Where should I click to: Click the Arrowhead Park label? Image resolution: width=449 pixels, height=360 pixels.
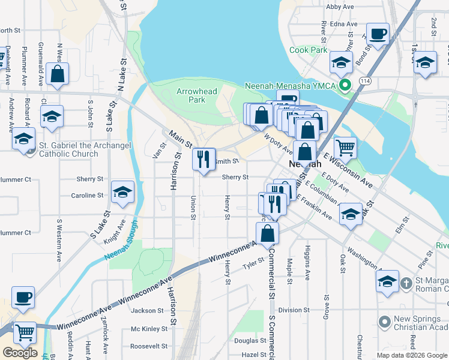(191, 95)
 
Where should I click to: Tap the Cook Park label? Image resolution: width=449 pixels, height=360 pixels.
(309, 50)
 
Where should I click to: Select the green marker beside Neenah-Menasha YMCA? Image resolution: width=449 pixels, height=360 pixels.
(344, 85)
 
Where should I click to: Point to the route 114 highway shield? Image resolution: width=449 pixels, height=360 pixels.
(364, 80)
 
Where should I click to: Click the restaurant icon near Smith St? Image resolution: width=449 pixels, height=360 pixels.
(203, 159)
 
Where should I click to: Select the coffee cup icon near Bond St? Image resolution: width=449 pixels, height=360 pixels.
(378, 34)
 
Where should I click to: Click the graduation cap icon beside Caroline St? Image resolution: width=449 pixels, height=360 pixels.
(123, 192)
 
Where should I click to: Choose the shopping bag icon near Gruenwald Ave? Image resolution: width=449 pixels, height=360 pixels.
(58, 74)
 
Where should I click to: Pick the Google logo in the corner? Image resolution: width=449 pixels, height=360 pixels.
(20, 352)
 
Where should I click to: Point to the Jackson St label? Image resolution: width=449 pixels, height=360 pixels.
(148, 310)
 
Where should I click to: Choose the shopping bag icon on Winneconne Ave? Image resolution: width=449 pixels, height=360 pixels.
(267, 233)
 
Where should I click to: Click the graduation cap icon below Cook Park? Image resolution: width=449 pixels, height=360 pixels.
(341, 62)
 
